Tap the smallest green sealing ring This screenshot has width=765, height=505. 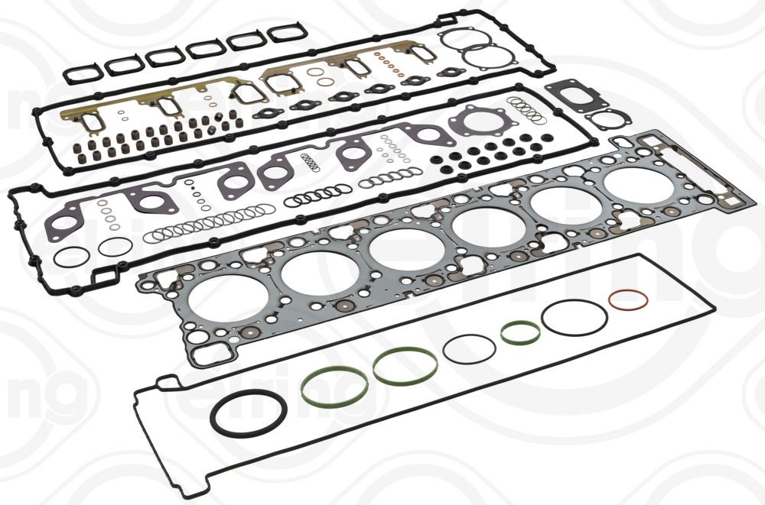pos(520,332)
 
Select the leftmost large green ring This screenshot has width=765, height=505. pos(334,387)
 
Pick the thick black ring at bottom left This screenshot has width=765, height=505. pos(249,413)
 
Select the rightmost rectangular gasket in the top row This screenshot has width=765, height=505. pos(288,33)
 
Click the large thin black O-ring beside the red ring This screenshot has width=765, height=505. pos(574,317)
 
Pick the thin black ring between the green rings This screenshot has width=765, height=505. pos(469,348)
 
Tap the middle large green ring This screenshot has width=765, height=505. pos(405,366)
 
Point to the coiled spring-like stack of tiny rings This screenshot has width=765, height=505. pos(310,162)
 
